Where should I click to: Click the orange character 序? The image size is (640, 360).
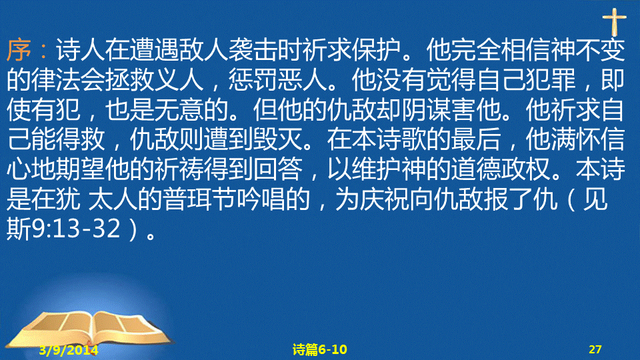[x=19, y=50]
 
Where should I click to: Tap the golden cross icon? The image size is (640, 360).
[x=614, y=22]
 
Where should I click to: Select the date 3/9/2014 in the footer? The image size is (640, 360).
[x=69, y=350]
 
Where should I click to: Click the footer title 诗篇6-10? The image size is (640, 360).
[x=319, y=349]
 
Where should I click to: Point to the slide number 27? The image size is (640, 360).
[x=595, y=349]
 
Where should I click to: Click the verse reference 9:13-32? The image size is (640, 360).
[x=76, y=229]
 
